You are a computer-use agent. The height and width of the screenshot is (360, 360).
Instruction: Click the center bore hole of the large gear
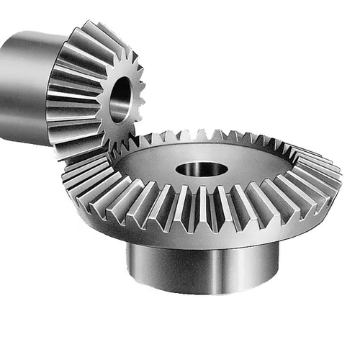coord(201,170)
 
